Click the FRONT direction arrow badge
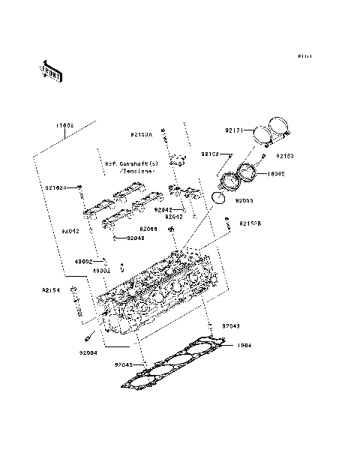[52, 70]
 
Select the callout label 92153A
[141, 135]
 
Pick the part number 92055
[244, 201]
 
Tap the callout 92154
[50, 289]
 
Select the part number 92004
[88, 352]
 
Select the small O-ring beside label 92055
[217, 197]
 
